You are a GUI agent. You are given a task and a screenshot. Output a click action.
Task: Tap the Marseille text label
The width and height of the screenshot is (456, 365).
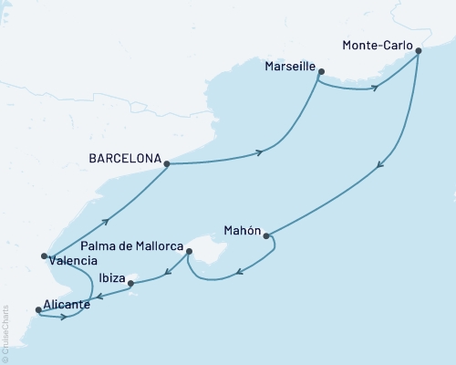coord(289,67)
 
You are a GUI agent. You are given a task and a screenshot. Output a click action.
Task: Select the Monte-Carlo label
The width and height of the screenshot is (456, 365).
coord(377,44)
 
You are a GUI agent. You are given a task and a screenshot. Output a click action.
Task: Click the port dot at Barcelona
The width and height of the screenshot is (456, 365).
coord(167,163)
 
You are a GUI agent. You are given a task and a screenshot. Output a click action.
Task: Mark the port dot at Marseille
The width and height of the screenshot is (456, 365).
coord(318,78)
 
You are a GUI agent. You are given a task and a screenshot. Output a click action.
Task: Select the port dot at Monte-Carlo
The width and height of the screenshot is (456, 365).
coord(419,51)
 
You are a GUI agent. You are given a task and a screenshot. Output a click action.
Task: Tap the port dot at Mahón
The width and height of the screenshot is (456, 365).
coord(266,237)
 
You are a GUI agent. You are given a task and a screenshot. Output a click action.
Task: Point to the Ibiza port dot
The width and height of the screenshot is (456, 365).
coord(131,284)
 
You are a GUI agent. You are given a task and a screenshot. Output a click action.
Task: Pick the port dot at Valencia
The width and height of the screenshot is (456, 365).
coord(44,256)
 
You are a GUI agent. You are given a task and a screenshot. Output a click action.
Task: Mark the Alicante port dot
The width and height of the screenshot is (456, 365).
coord(37,310)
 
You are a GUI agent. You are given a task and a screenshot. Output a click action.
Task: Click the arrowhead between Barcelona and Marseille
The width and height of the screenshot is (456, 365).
coord(260,151)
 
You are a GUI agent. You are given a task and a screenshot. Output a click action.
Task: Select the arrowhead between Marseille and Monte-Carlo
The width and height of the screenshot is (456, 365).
coord(374,88)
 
